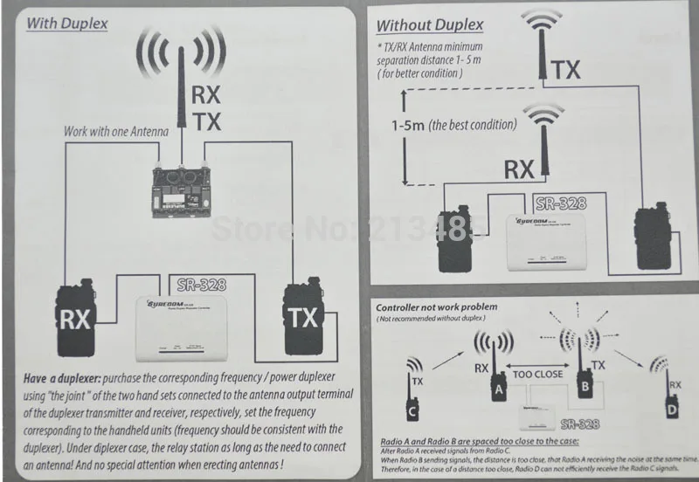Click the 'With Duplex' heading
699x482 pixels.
coord(66,23)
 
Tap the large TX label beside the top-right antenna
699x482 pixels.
coord(567,69)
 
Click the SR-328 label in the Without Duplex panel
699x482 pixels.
coord(559,203)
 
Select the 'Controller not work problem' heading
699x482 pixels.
coord(436,307)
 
